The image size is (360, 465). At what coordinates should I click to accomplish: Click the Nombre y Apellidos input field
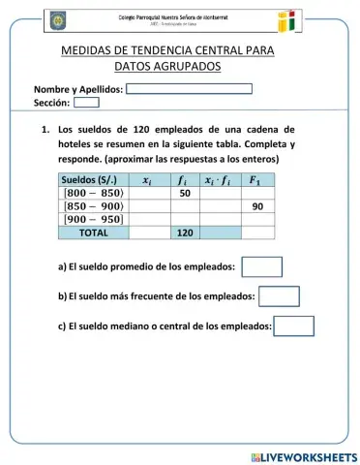click(x=189, y=89)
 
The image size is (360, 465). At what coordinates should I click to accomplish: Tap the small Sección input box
click(x=86, y=102)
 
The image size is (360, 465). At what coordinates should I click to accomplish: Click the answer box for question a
click(x=261, y=266)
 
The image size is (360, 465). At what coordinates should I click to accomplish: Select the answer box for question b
click(x=279, y=296)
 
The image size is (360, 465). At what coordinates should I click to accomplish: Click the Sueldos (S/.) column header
click(x=89, y=180)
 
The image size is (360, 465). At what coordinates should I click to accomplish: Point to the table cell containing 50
click(x=185, y=193)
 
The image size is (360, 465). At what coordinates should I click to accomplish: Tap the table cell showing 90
click(x=257, y=206)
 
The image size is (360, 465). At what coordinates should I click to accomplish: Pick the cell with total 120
click(x=185, y=232)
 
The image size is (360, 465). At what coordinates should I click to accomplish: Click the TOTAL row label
click(x=94, y=232)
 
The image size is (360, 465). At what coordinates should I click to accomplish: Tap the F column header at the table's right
click(x=256, y=180)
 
